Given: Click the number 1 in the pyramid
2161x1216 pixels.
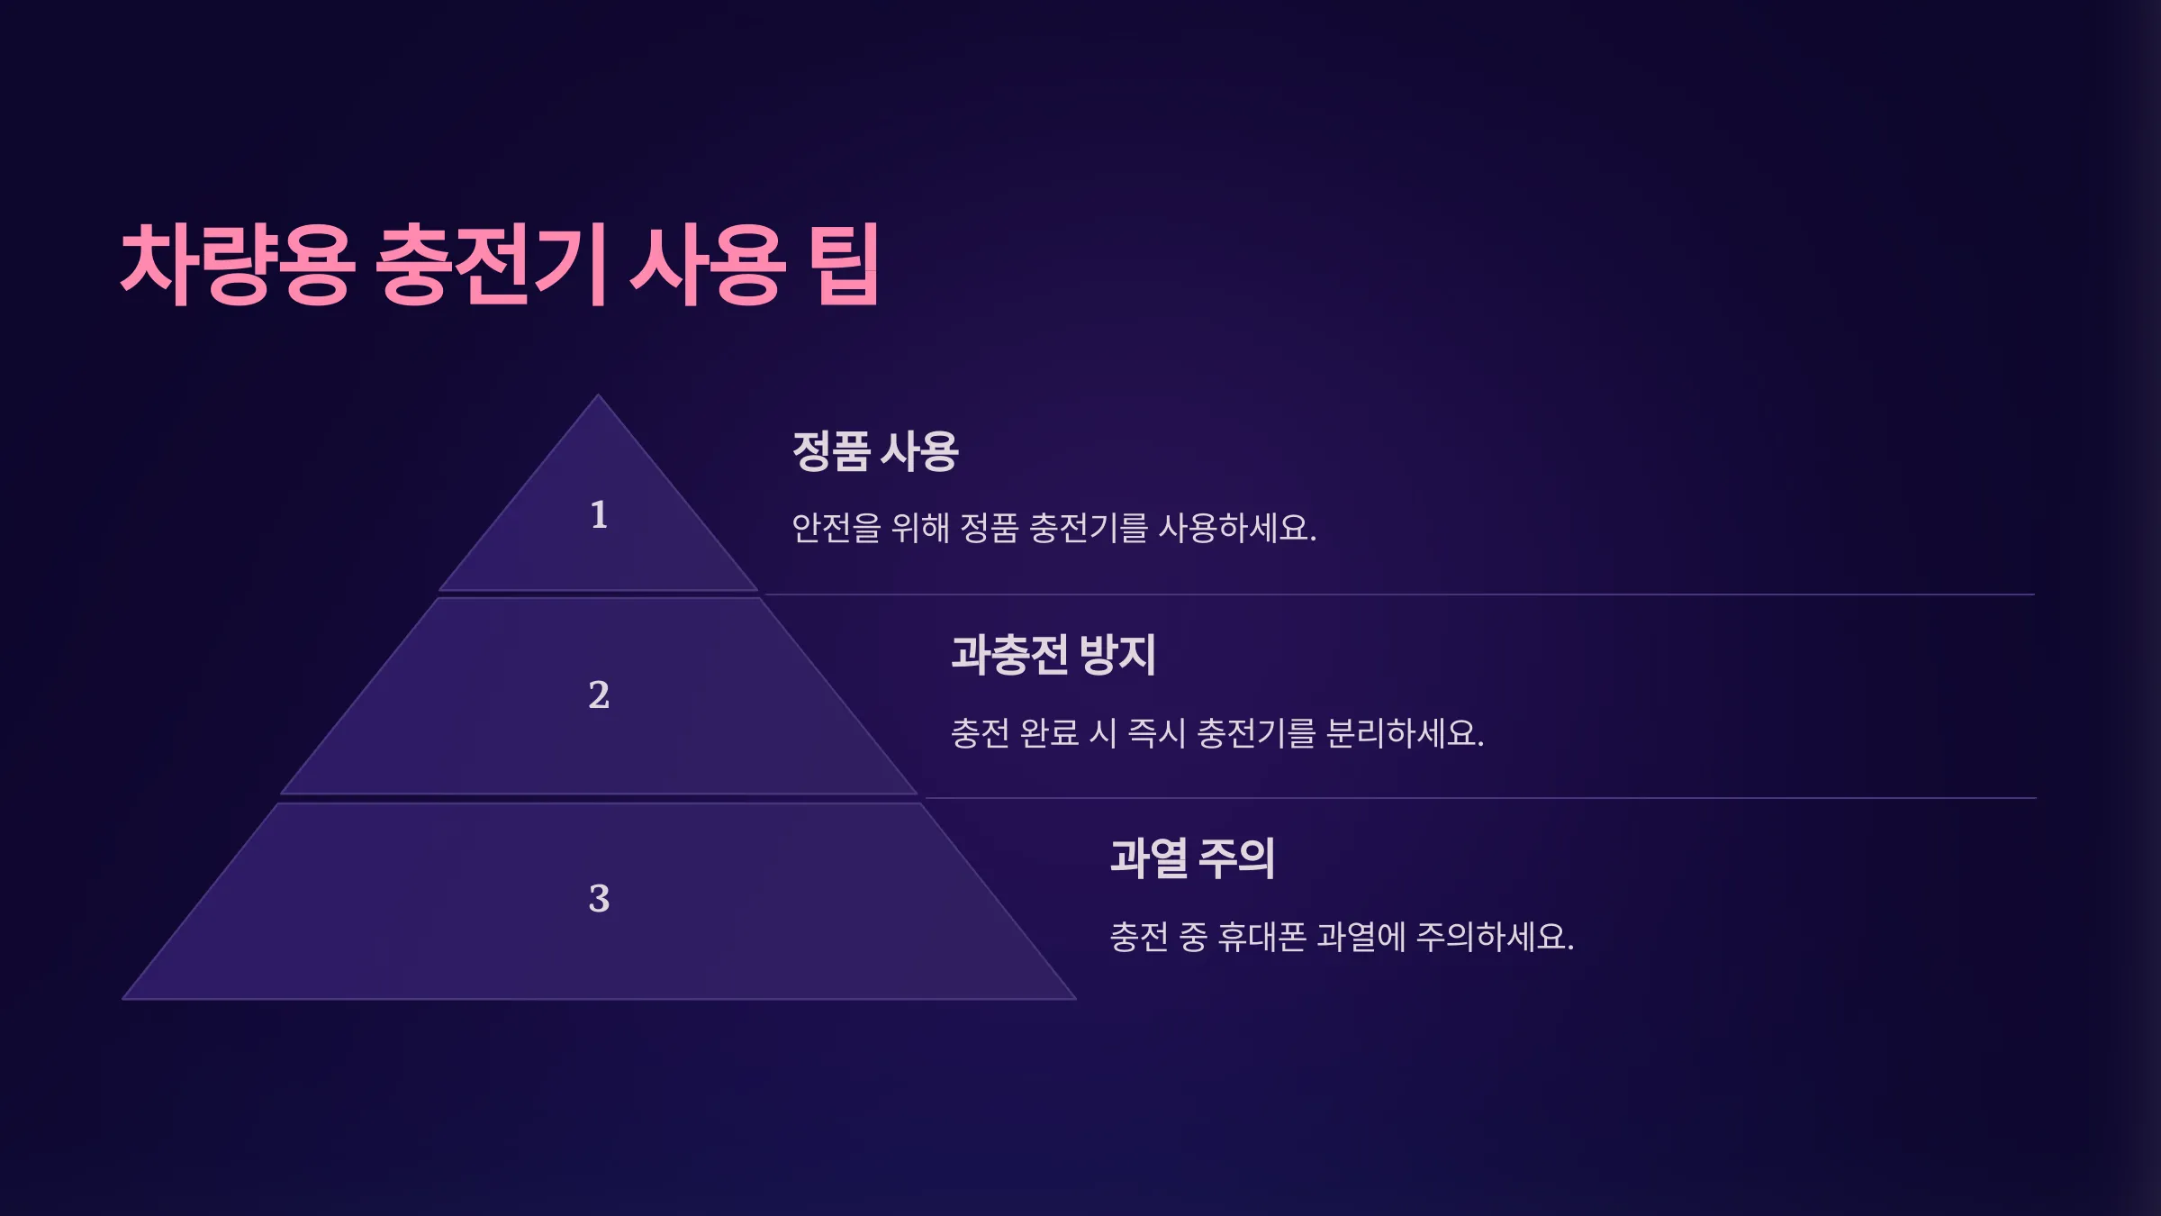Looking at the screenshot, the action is click(x=599, y=514).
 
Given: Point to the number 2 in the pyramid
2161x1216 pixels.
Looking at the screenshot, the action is click(x=599, y=694).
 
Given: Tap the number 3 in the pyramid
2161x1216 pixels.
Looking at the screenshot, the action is click(x=599, y=898).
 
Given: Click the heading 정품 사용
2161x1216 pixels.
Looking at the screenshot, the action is click(x=875, y=451).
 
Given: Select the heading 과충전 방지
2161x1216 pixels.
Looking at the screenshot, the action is click(x=1053, y=655).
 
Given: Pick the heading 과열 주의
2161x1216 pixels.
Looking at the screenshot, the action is click(x=1192, y=858).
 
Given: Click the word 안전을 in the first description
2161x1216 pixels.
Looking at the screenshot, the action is click(x=836, y=528).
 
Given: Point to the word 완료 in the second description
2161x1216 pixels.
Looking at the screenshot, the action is click(x=1050, y=733).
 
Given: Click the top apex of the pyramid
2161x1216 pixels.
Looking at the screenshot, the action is click(x=598, y=395).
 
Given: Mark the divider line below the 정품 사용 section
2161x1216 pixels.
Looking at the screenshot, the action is click(x=1398, y=594).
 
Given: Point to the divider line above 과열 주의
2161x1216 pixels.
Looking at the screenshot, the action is click(x=1480, y=798).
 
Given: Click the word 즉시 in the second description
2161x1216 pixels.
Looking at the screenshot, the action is click(x=1157, y=733).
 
